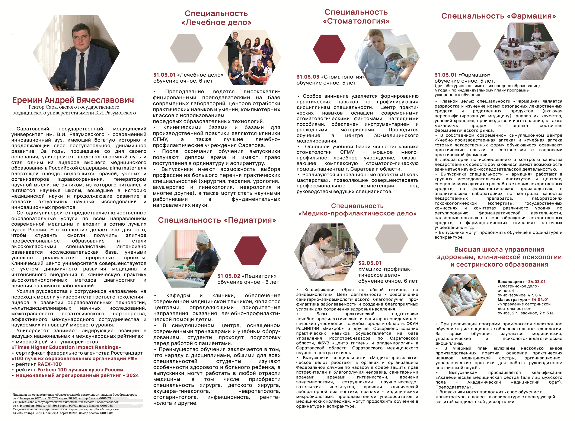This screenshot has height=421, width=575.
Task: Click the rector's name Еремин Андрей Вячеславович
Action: coord(73,100)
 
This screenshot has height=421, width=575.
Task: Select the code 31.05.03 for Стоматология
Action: coord(308,77)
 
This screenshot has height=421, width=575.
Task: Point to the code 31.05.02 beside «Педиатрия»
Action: coord(229,276)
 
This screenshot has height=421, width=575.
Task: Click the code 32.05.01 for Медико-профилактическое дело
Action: coord(370,263)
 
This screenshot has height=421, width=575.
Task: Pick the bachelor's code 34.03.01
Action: coord(537,282)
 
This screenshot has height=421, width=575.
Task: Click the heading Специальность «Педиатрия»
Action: coord(217,220)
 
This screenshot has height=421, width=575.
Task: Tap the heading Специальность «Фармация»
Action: coord(498,16)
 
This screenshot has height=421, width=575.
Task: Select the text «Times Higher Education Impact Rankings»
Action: coord(66,347)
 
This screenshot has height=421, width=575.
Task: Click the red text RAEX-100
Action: coord(49,364)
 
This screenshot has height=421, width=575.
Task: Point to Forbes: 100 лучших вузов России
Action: coord(80,370)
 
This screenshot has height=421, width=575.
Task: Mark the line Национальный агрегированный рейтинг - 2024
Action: coord(77,375)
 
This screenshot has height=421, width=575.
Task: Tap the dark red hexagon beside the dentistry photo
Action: coord(329,49)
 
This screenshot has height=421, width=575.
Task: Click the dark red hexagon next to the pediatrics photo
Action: coord(250,250)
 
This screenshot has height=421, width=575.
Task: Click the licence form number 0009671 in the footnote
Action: coord(105,398)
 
